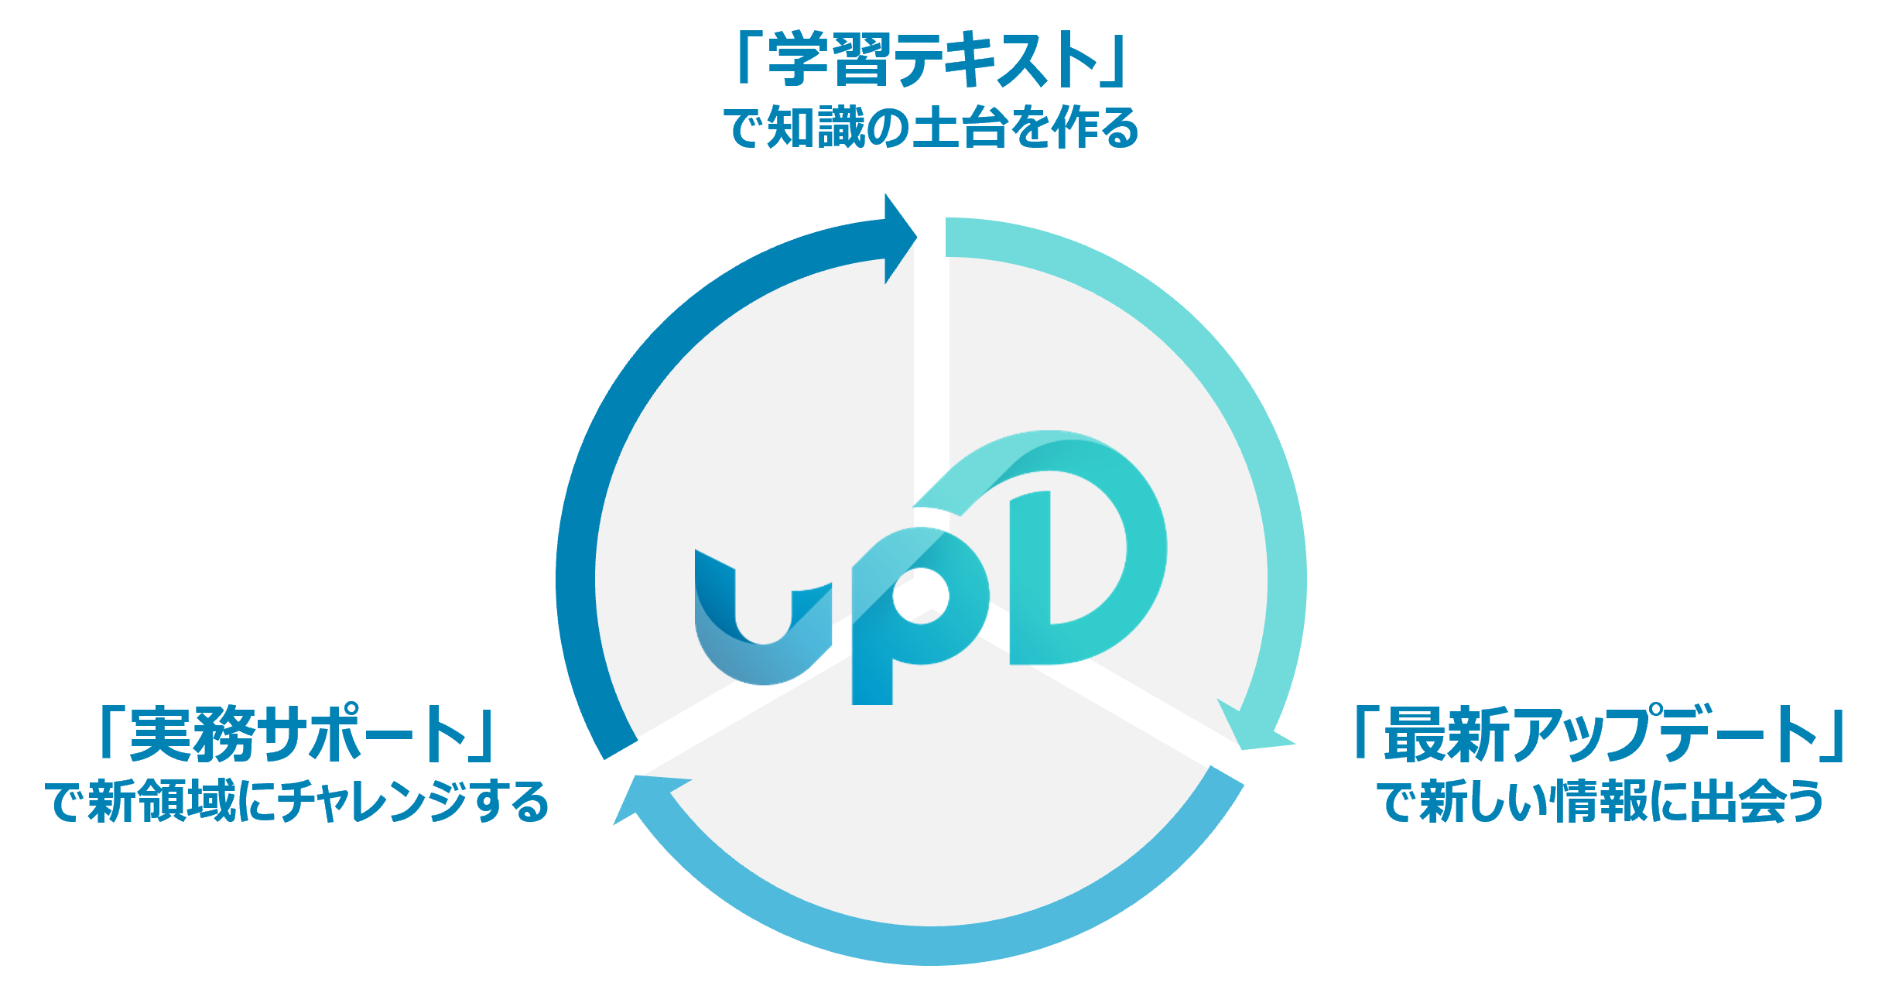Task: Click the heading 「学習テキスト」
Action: click(x=932, y=59)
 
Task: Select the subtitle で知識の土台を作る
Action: click(x=932, y=128)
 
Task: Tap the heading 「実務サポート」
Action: click(x=297, y=732)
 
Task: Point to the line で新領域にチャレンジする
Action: click(x=297, y=802)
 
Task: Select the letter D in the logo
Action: click(x=1083, y=557)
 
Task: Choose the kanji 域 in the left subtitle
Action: click(x=211, y=802)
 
